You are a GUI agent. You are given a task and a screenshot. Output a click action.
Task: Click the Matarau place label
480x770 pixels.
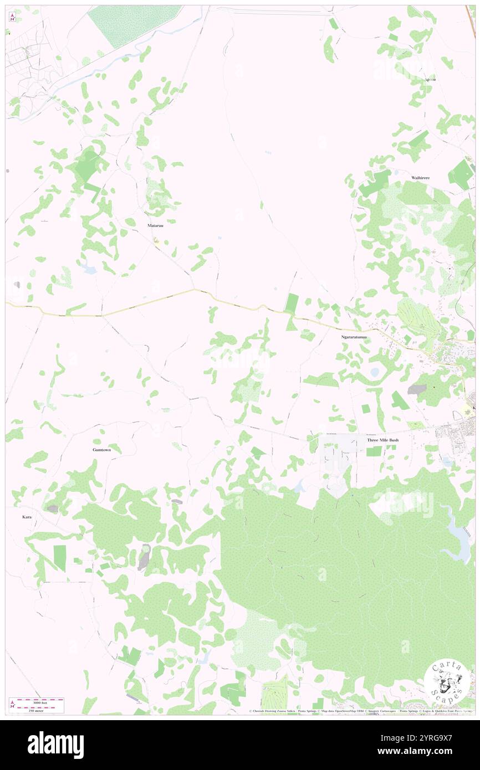(x=155, y=226)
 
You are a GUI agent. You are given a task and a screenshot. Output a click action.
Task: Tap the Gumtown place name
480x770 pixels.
(x=101, y=450)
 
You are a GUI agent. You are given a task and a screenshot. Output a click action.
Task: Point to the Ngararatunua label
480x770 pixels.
(x=354, y=337)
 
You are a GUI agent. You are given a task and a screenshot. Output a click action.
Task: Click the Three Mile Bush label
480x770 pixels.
(x=382, y=440)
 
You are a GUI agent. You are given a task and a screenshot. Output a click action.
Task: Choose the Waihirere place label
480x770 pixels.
(x=421, y=177)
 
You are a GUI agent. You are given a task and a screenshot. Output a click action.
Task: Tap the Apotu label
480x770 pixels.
(x=430, y=79)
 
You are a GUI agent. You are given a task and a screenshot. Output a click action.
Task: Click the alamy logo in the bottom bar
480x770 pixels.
(x=55, y=745)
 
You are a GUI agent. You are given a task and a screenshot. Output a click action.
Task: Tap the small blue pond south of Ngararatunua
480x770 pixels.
(x=375, y=372)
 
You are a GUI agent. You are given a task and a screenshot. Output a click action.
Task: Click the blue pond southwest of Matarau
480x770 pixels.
(x=88, y=270)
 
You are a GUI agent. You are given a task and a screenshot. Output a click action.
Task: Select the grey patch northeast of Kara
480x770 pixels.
(x=52, y=509)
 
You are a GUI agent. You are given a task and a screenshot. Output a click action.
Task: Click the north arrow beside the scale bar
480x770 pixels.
(x=12, y=705)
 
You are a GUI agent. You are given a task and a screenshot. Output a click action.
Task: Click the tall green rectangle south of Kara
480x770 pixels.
(x=59, y=558)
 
